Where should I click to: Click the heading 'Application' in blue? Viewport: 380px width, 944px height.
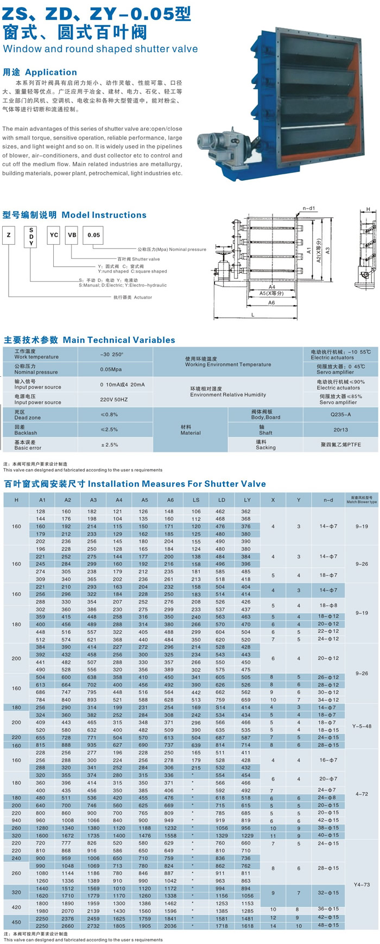coord(51,72)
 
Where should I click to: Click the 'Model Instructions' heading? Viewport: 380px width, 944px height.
coord(104,215)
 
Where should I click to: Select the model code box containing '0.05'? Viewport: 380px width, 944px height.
coord(94,235)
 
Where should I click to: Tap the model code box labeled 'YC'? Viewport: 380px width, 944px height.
coord(54,235)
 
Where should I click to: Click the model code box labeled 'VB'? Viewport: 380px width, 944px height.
coord(72,235)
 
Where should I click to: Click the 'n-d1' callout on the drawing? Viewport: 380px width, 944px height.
coord(309,208)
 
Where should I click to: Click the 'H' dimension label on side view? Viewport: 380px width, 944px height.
coord(368,210)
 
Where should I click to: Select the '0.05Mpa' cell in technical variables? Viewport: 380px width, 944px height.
coord(111,369)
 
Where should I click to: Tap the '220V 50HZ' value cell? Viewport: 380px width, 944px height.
coord(114,400)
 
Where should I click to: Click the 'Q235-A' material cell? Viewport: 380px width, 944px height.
coord(340,414)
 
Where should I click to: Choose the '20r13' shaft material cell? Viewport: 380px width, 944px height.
coord(340,429)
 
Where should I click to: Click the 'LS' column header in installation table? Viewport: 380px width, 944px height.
coord(196,499)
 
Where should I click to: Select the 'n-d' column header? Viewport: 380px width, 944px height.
coord(328,499)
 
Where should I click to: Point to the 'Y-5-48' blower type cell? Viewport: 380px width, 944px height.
coord(362,726)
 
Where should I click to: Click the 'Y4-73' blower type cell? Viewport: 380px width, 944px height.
coord(362,884)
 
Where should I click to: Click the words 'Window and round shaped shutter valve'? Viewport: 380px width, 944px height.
coord(100,49)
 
